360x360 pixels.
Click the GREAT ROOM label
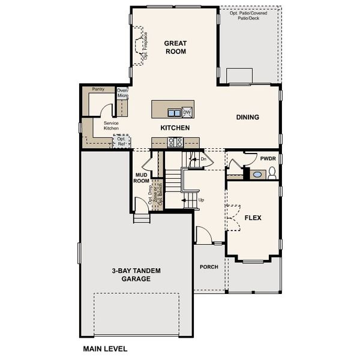[176, 47]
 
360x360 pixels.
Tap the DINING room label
[247, 117]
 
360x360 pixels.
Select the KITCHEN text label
[175, 128]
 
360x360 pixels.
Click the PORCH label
[209, 267]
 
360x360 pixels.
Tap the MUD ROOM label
[142, 177]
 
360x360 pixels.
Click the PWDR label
[267, 158]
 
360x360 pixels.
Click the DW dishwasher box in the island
[187, 112]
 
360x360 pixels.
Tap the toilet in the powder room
[271, 174]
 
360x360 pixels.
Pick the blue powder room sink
[257, 175]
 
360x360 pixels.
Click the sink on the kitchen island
[174, 112]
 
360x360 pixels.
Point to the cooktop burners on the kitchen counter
[175, 142]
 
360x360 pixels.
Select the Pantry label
[98, 89]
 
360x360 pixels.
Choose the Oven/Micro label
[122, 93]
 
